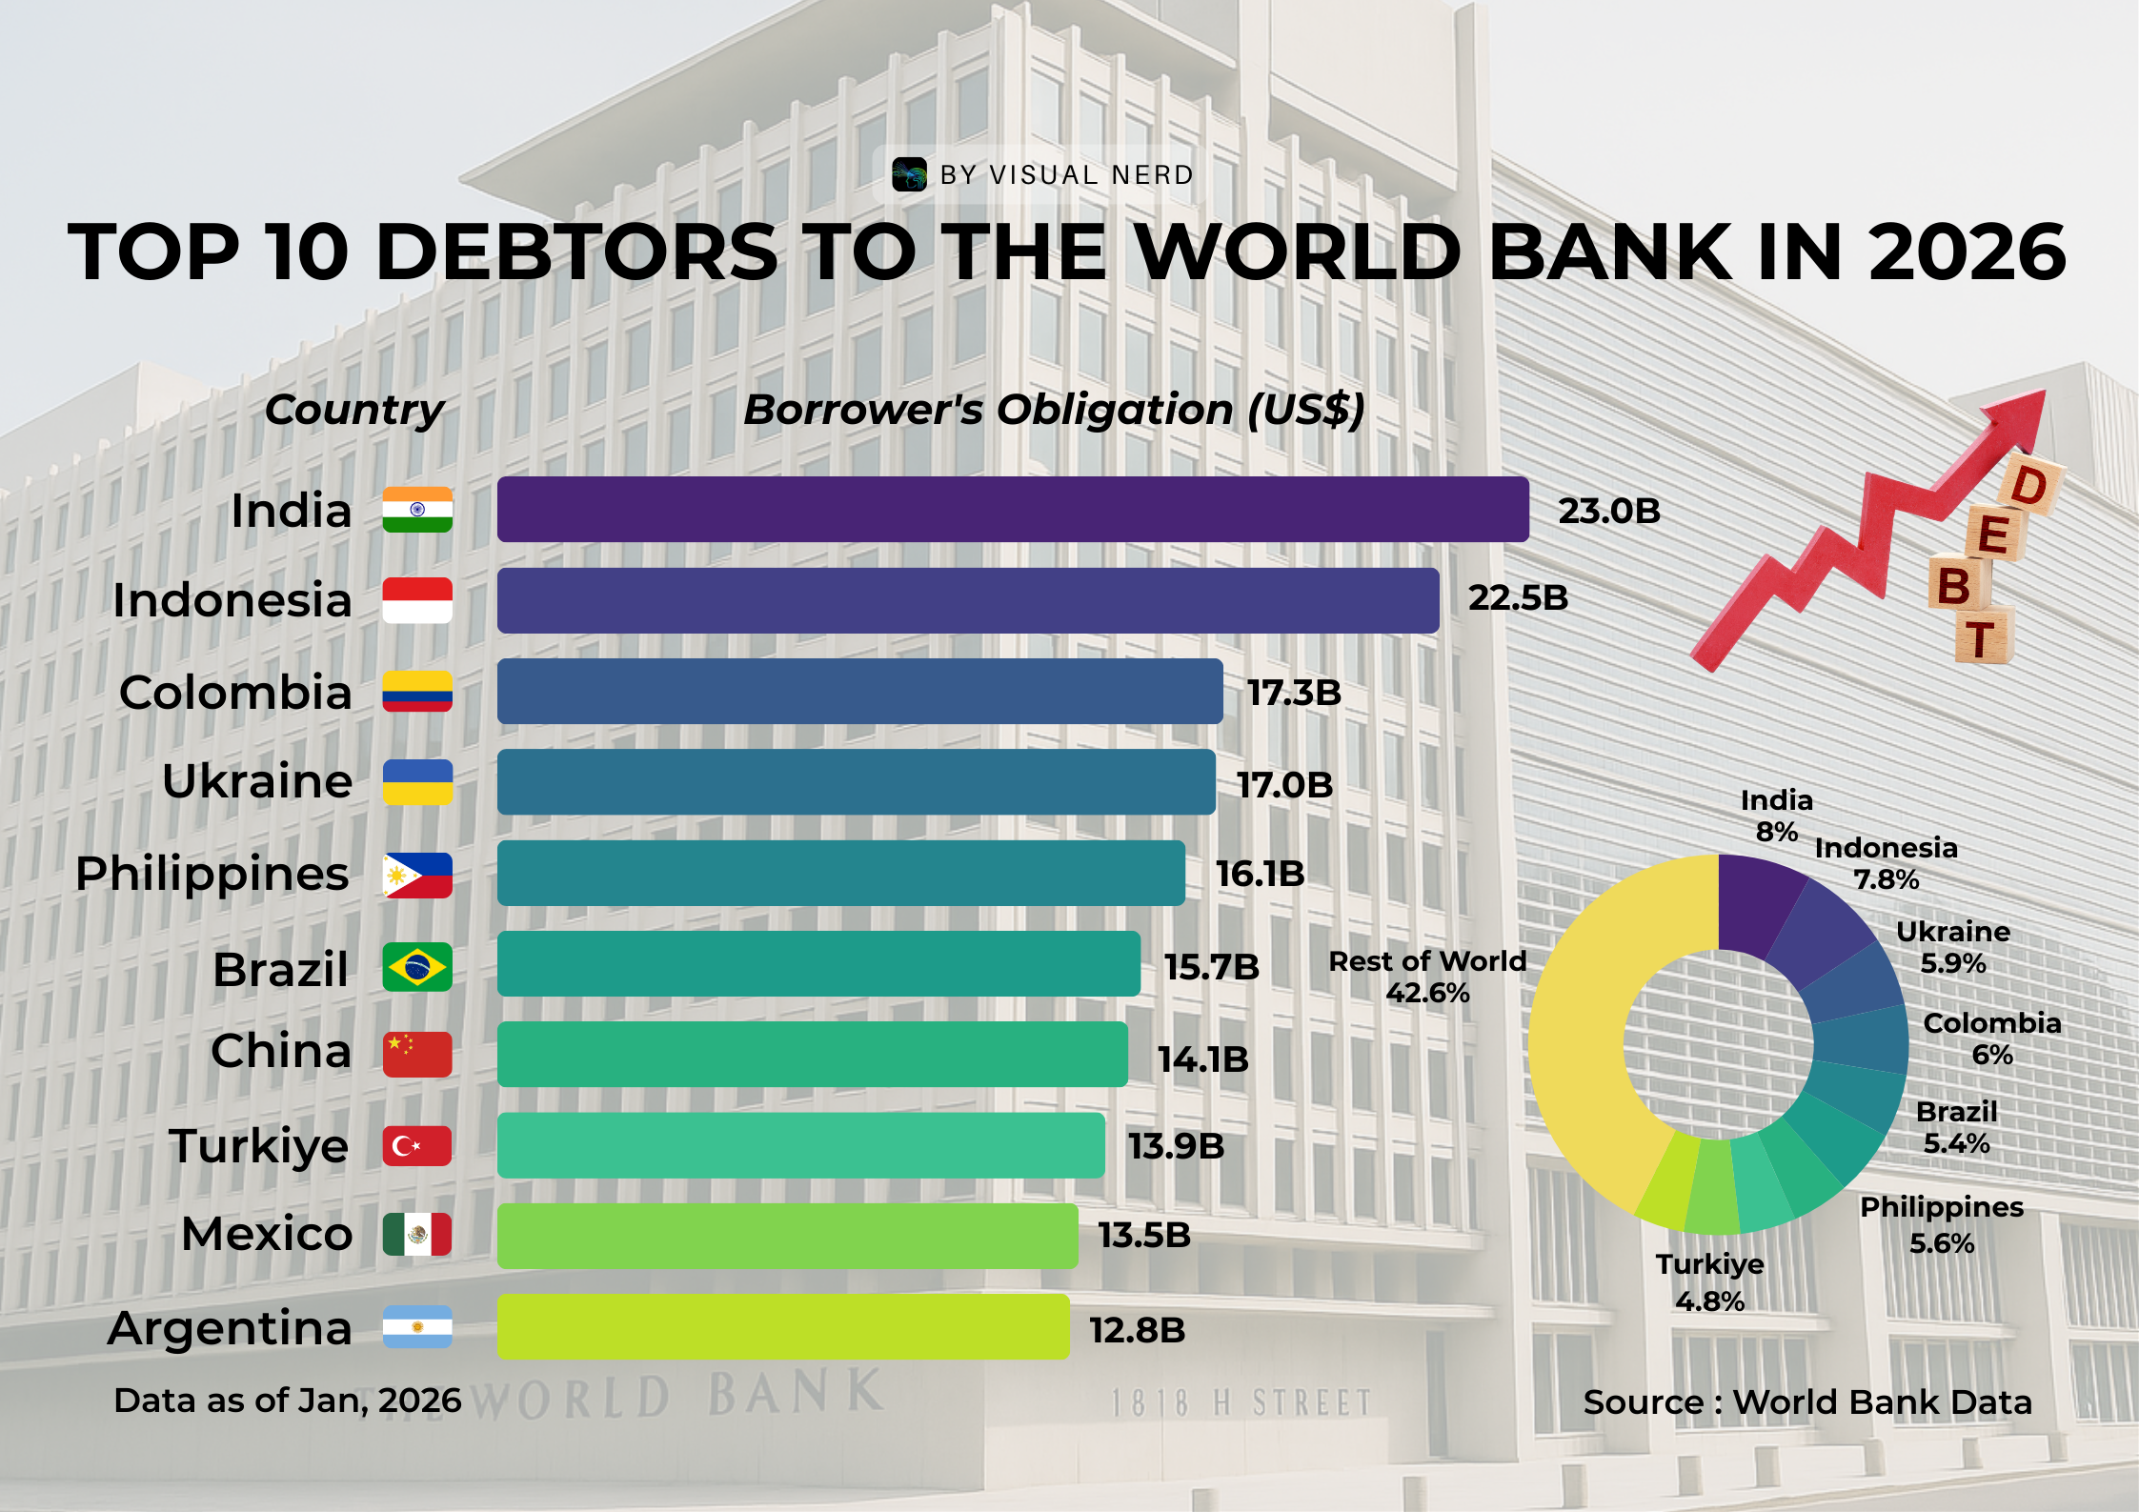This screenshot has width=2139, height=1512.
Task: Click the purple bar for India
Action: (x=1012, y=510)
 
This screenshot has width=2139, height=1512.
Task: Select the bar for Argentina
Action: (x=782, y=1326)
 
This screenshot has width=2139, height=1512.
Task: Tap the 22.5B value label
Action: (x=1517, y=598)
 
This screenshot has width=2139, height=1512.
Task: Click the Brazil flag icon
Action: (x=417, y=967)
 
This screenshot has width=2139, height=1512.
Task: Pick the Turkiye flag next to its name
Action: (x=417, y=1146)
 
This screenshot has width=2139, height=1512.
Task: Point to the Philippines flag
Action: (x=417, y=875)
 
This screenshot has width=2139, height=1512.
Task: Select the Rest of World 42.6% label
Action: (x=1426, y=977)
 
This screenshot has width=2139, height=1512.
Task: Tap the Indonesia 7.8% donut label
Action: (x=1885, y=863)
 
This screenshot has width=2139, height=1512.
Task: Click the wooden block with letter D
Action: (x=2029, y=486)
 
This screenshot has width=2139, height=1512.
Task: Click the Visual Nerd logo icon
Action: (x=909, y=174)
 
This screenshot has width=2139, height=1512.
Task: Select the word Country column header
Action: (x=354, y=410)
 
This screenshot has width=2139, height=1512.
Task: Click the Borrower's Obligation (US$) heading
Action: (x=1054, y=410)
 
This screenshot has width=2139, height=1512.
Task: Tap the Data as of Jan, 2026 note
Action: (x=287, y=1401)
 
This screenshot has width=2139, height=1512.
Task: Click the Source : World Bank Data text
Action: (x=1806, y=1402)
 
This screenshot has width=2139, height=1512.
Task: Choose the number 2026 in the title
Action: (x=1967, y=252)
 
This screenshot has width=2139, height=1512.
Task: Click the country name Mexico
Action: (x=267, y=1234)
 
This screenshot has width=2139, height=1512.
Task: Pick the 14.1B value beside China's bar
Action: (x=1202, y=1059)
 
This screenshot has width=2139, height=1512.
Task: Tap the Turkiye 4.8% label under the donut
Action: (x=1709, y=1282)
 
